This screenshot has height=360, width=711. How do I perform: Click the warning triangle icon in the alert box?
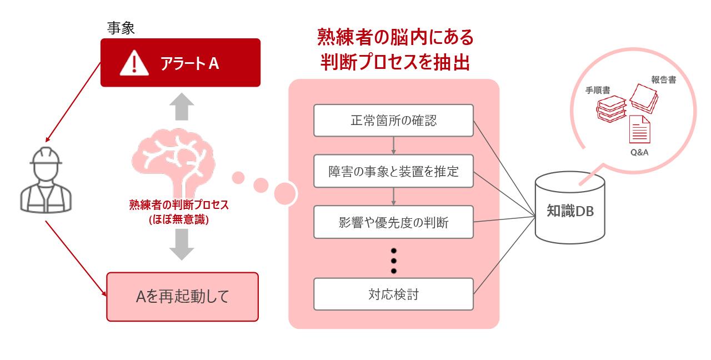click(x=134, y=63)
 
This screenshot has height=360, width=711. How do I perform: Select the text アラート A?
click(x=189, y=63)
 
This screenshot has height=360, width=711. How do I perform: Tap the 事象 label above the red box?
click(x=121, y=28)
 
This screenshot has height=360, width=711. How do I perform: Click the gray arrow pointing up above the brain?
click(x=182, y=107)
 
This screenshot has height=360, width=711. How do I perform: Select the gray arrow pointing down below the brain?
click(x=182, y=244)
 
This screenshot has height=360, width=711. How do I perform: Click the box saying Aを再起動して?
click(x=183, y=297)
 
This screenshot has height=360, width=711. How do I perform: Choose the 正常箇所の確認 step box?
click(x=394, y=121)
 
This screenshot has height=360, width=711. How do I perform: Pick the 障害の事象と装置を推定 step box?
click(x=394, y=172)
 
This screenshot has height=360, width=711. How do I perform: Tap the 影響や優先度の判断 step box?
click(x=394, y=222)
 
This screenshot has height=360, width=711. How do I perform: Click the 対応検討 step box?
click(x=394, y=294)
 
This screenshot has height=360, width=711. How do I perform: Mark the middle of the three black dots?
click(x=394, y=261)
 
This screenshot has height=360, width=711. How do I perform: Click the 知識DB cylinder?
click(x=570, y=208)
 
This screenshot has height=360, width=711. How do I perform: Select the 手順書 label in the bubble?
click(x=598, y=91)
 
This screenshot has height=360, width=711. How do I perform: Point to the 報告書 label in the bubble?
click(x=664, y=79)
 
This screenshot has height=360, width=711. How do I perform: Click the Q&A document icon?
click(x=639, y=129)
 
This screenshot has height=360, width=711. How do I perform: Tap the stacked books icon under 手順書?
click(x=612, y=109)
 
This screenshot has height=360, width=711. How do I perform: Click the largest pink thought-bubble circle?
click(x=286, y=194)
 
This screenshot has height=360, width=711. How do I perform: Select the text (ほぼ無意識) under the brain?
click(x=179, y=219)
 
